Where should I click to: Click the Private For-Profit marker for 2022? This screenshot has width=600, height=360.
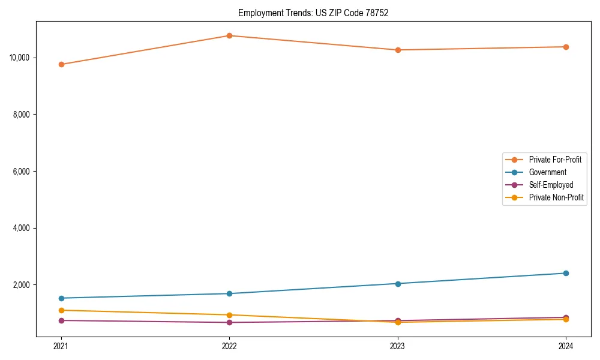pyautogui.click(x=229, y=35)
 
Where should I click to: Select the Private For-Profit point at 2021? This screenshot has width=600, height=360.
pyautogui.click(x=61, y=64)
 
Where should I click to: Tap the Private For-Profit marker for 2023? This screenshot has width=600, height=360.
pyautogui.click(x=398, y=50)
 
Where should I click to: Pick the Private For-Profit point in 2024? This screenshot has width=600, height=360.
pyautogui.click(x=566, y=47)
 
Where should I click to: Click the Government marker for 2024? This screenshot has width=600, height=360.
pyautogui.click(x=566, y=273)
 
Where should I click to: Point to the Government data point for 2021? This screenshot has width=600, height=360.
pyautogui.click(x=61, y=298)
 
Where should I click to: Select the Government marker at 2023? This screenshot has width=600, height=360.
pyautogui.click(x=398, y=283)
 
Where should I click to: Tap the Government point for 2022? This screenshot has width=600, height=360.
pyautogui.click(x=229, y=293)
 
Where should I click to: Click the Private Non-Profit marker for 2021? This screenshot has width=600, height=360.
pyautogui.click(x=61, y=310)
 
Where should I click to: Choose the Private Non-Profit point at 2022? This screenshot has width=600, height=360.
pyautogui.click(x=229, y=315)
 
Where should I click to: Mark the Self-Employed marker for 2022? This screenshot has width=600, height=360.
pyautogui.click(x=229, y=322)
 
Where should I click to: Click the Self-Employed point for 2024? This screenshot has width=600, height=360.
pyautogui.click(x=566, y=317)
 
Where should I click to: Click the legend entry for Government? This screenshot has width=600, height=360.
pyautogui.click(x=547, y=172)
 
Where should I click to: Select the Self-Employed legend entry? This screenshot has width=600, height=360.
pyautogui.click(x=551, y=185)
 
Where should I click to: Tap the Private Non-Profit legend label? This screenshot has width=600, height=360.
pyautogui.click(x=556, y=197)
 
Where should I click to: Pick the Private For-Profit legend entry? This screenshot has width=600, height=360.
pyautogui.click(x=555, y=160)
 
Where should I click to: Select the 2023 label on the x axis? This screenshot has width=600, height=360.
pyautogui.click(x=398, y=346)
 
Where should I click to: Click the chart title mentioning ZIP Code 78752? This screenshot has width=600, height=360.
pyautogui.click(x=313, y=13)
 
